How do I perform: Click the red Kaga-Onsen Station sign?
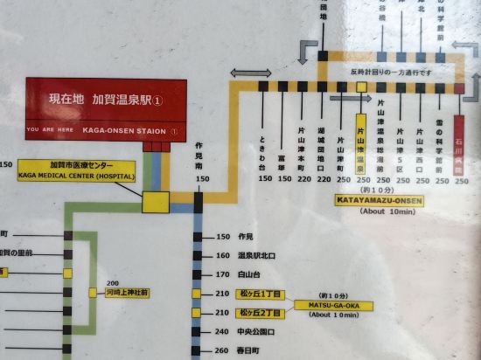(x=106, y=110)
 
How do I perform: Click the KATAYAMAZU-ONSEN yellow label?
(x=378, y=200)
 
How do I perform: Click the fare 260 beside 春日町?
(x=220, y=351)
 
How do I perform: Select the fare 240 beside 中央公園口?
(x=220, y=332)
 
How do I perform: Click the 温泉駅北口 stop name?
(x=257, y=256)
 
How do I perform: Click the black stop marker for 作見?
(x=199, y=237)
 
